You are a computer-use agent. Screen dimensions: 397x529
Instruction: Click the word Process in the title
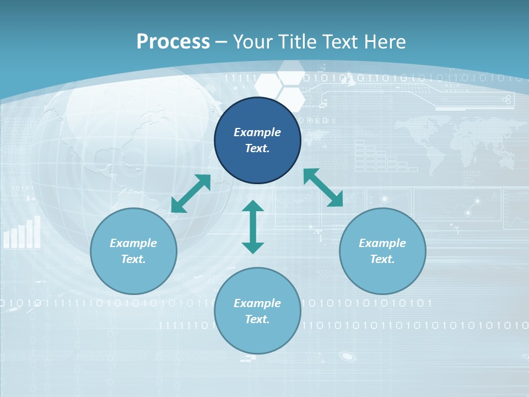pyautogui.click(x=173, y=42)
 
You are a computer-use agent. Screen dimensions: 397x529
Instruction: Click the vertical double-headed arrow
pyautogui.click(x=253, y=227)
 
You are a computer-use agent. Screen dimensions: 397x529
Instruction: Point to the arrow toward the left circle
pyautogui.click(x=191, y=194)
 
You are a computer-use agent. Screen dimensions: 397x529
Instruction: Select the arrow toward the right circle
pyautogui.click(x=323, y=187)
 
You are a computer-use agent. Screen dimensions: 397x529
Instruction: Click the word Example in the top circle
pyautogui.click(x=257, y=132)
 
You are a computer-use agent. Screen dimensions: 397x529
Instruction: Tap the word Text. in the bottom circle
pyautogui.click(x=257, y=319)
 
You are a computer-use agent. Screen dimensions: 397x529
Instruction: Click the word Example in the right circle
pyautogui.click(x=382, y=243)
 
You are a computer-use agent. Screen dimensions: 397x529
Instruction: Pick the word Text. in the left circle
pyautogui.click(x=133, y=259)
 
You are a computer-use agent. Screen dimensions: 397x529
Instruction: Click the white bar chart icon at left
pyautogui.click(x=22, y=233)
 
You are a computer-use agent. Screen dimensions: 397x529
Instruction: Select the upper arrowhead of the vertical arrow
pyautogui.click(x=253, y=206)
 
